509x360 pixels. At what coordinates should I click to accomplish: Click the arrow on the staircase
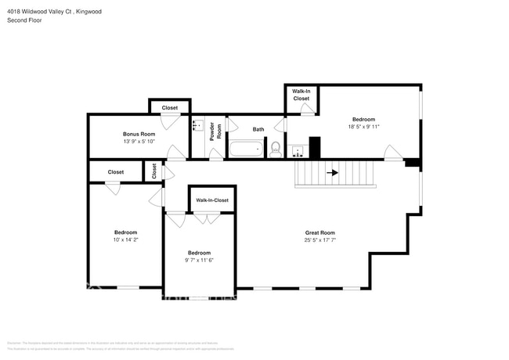(x=332, y=173)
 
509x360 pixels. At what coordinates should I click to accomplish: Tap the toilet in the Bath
(x=275, y=149)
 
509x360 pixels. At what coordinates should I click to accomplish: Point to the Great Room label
(x=319, y=232)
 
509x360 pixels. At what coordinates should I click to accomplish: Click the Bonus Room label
(x=139, y=134)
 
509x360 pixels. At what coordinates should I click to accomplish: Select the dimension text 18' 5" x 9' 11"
(x=364, y=127)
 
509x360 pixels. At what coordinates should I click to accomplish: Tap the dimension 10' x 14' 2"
(x=125, y=240)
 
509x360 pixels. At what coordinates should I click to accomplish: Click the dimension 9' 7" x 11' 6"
(x=199, y=261)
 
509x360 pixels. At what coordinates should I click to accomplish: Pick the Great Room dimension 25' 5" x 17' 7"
(x=319, y=240)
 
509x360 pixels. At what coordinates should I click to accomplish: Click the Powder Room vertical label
(x=211, y=131)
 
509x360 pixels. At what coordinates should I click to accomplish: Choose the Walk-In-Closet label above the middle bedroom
(x=212, y=200)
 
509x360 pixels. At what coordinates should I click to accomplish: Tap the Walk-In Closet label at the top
(x=301, y=95)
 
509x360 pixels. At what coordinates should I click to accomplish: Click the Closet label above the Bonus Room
(x=170, y=108)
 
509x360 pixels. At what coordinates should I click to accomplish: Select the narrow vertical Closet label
(x=154, y=171)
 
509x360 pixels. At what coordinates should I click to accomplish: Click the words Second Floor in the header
(x=24, y=20)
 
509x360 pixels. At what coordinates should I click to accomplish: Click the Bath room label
(x=258, y=129)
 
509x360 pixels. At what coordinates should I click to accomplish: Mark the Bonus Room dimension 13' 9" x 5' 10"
(x=139, y=142)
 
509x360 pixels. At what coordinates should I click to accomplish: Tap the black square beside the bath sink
(x=315, y=147)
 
